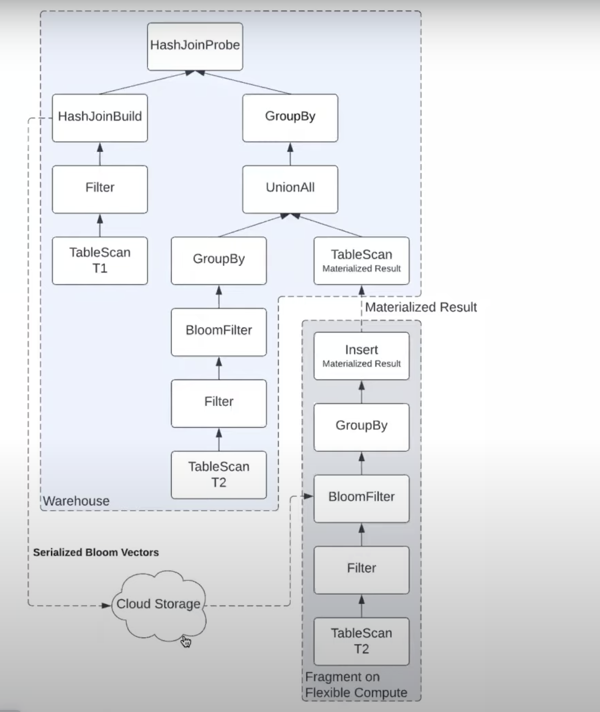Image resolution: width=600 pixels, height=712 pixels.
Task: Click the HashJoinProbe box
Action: point(195,47)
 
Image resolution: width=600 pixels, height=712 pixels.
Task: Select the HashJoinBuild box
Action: point(100,118)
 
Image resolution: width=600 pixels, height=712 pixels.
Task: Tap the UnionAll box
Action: point(290,189)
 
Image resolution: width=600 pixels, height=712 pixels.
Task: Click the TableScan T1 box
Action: point(100,260)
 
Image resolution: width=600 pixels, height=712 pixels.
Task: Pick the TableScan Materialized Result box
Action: point(361,260)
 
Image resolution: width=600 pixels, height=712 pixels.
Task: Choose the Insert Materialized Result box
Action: point(361,356)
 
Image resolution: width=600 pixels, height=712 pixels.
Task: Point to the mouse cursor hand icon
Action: point(186,641)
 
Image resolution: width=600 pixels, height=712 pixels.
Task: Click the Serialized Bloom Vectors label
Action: point(96,552)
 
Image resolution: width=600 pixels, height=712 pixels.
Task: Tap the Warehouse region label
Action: point(76,501)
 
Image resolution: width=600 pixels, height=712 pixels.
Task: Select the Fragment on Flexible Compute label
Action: point(356,685)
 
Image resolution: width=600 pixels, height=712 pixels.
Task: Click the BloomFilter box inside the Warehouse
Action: point(219,332)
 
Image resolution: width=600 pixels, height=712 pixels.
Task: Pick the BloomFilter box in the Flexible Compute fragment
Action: point(361,498)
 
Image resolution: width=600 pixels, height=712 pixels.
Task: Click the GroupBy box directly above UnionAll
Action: point(290,118)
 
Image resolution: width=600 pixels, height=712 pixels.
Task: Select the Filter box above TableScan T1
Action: point(100,189)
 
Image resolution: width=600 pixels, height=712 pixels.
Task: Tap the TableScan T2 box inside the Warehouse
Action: point(219,475)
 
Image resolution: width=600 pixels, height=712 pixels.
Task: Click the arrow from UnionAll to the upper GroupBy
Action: point(290,154)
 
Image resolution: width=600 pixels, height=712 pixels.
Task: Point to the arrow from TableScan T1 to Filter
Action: point(100,225)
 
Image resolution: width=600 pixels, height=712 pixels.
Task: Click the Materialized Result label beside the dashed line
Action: point(421,307)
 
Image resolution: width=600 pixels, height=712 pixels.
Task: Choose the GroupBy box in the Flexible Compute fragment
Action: point(361,427)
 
